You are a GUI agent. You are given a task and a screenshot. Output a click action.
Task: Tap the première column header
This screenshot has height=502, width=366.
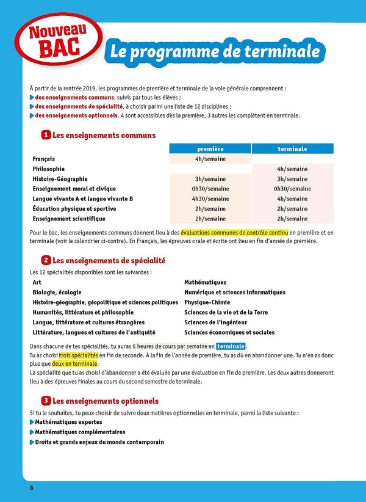tap(210, 148)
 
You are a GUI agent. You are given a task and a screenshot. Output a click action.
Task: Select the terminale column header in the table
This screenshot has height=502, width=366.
tap(292, 148)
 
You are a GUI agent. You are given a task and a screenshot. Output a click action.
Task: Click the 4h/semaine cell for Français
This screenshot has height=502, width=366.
tap(210, 159)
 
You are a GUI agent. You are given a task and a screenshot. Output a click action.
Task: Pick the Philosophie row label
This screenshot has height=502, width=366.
tap(49, 169)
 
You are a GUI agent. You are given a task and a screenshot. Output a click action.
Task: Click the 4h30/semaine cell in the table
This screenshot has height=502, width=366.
tap(210, 198)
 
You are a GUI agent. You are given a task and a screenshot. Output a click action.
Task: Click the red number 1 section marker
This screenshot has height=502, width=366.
tap(45, 135)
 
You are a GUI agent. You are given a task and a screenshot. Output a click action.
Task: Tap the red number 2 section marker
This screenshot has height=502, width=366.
tap(45, 260)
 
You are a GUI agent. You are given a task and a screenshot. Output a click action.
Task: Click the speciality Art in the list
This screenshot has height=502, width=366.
tap(37, 283)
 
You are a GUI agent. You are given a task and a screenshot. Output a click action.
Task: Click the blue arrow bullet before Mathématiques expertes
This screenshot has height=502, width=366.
tap(32, 422)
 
